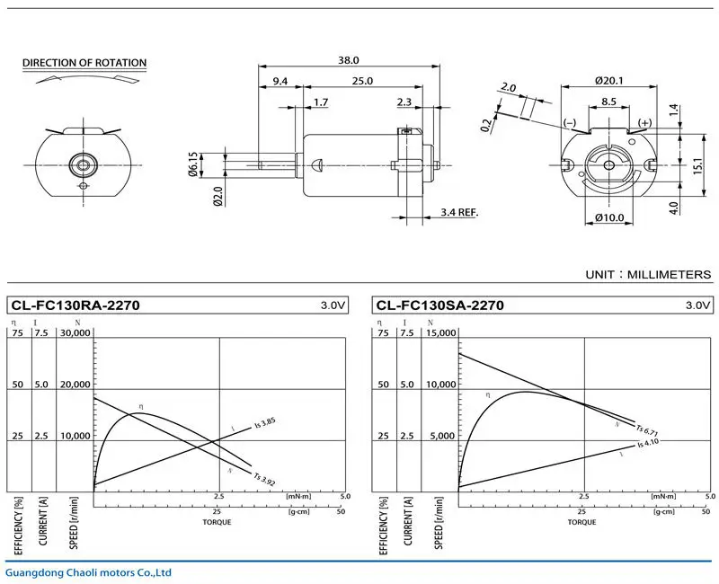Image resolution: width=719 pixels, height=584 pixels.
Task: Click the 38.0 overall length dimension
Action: (x=348, y=60)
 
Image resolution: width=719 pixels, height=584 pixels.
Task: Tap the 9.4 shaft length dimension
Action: (x=280, y=82)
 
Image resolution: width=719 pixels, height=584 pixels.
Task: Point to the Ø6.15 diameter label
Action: (x=193, y=164)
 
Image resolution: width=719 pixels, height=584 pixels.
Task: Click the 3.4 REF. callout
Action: (x=460, y=212)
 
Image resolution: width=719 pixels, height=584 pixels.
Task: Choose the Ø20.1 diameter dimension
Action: (x=610, y=80)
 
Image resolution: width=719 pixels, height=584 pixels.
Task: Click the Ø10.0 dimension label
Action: (x=610, y=217)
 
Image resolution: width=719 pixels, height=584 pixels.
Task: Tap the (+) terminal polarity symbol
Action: (x=644, y=122)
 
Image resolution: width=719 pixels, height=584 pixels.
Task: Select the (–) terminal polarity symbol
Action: (x=570, y=122)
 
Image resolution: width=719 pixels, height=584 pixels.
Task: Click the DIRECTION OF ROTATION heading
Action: (x=84, y=63)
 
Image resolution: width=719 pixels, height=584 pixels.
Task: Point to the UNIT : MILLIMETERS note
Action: (x=647, y=274)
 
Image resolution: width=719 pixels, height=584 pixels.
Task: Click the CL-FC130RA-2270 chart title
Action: (x=75, y=305)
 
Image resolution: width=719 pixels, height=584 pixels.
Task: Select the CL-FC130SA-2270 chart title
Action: (x=440, y=305)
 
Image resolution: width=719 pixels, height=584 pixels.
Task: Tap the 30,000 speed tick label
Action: (x=75, y=332)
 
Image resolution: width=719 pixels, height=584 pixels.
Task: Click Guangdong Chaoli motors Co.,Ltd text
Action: (x=88, y=572)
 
